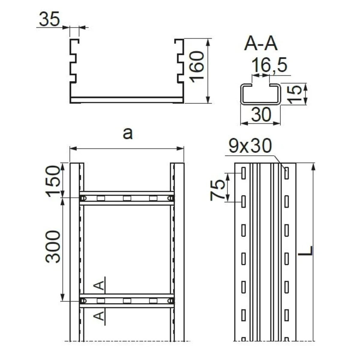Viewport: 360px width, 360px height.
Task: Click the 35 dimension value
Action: pos(49,19)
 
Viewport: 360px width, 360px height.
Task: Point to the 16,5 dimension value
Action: pos(269,65)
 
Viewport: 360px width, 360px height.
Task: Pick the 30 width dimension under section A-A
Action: pos(261,114)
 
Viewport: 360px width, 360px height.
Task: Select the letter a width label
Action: pos(128,134)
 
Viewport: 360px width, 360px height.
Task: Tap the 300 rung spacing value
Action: pos(53,247)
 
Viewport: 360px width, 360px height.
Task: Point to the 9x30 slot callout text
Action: pos(250,146)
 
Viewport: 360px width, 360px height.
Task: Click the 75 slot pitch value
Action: pos(217,190)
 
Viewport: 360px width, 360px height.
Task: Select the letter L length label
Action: pos(305,251)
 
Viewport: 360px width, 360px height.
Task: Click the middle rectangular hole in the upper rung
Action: pos(127,198)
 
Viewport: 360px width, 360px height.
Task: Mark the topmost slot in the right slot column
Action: pos(286,173)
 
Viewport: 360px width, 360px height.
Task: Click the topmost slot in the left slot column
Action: pos(243,173)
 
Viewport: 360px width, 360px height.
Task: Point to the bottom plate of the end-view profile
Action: pos(127,100)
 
